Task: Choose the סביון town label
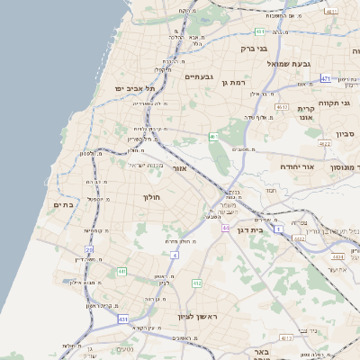[346, 134]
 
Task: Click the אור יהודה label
[294, 166]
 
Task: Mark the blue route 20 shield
[89, 249]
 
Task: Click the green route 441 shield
[122, 271]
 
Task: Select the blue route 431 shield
[122, 319]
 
